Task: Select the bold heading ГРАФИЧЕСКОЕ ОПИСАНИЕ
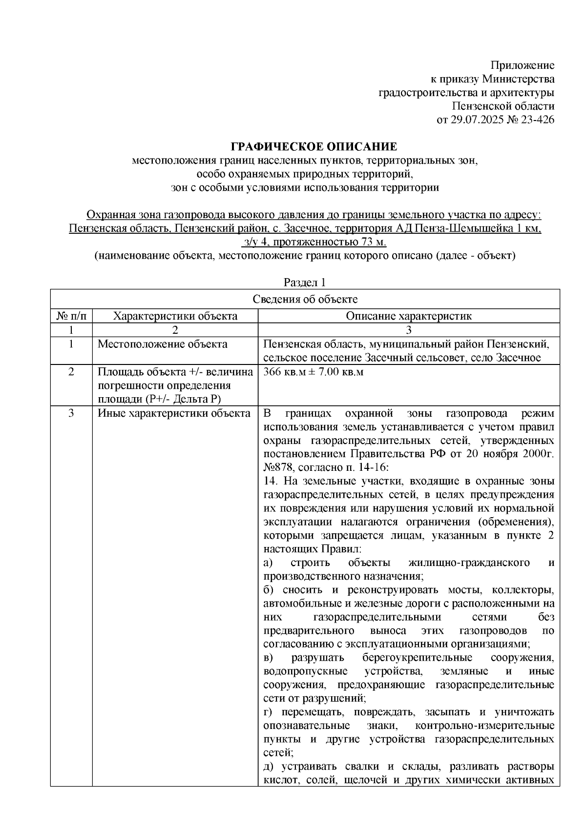coord(314,147)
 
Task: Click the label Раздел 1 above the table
coord(305,283)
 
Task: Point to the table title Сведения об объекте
coord(305,299)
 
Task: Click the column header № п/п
coord(71,316)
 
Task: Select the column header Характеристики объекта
coord(175,316)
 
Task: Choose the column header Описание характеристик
coord(408,316)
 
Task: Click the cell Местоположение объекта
coord(162,344)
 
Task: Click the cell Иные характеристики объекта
coord(173,414)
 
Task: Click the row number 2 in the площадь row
coord(71,372)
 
